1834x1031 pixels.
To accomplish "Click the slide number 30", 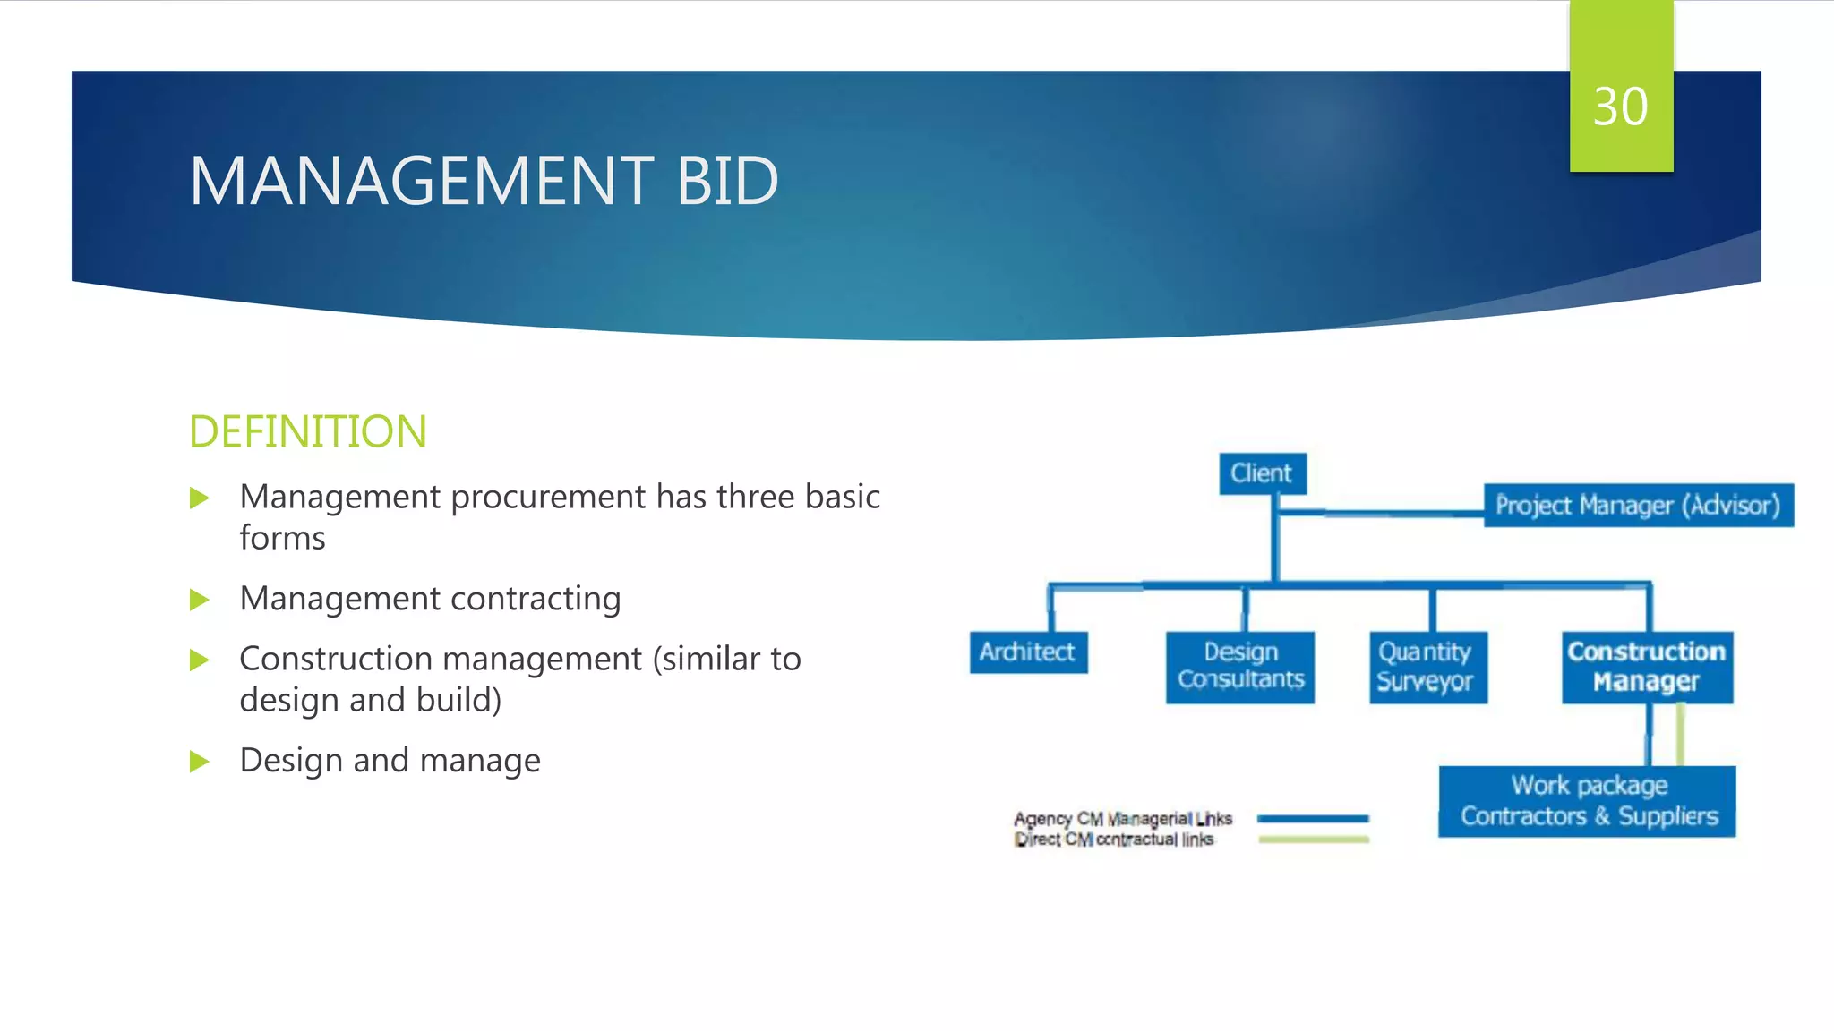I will (x=1620, y=107).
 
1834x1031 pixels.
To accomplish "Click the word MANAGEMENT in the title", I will (x=421, y=181).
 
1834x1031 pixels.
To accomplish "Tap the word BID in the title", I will (x=726, y=181).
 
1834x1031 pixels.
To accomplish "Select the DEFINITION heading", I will (x=307, y=431).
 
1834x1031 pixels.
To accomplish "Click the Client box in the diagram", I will (x=1262, y=473).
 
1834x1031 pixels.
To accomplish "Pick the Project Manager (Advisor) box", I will (x=1638, y=506).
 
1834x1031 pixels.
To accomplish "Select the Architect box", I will (x=1027, y=652).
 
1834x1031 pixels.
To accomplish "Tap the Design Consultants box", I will (x=1240, y=666).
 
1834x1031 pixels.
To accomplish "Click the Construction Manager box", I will (x=1647, y=667).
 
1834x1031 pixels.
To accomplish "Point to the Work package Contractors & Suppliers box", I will (x=1588, y=801).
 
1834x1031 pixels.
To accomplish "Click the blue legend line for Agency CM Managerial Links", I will (x=1313, y=818).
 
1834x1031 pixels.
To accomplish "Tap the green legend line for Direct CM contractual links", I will (x=1313, y=839).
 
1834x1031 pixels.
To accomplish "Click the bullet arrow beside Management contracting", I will (x=199, y=600).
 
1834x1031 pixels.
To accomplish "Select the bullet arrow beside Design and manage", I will (x=199, y=762).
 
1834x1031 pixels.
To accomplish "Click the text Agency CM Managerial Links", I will (x=1123, y=818).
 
